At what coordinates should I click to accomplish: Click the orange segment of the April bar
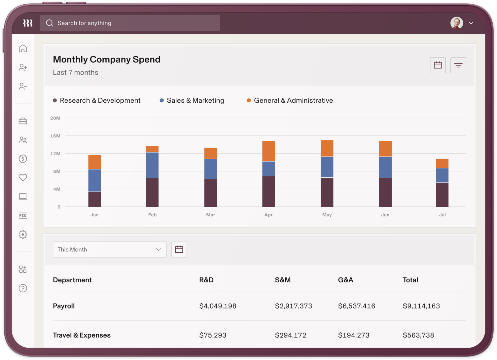268,151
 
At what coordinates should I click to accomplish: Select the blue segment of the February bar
152,165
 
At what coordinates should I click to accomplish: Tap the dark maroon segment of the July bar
442,195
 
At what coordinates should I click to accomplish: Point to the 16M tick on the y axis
55,136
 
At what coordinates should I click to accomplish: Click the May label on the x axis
327,215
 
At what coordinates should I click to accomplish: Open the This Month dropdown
109,250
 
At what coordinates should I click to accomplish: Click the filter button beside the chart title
458,65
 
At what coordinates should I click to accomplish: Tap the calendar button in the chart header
438,65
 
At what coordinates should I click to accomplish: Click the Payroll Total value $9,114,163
421,306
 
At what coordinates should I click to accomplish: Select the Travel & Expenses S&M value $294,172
291,335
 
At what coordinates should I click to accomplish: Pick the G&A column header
345,280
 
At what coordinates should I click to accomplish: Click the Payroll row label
64,306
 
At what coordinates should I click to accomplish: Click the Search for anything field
130,23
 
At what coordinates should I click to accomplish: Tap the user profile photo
457,23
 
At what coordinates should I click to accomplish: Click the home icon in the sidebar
23,49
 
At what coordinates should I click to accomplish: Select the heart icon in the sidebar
23,178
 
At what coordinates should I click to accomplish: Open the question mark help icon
23,288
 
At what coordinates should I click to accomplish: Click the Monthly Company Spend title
107,59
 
